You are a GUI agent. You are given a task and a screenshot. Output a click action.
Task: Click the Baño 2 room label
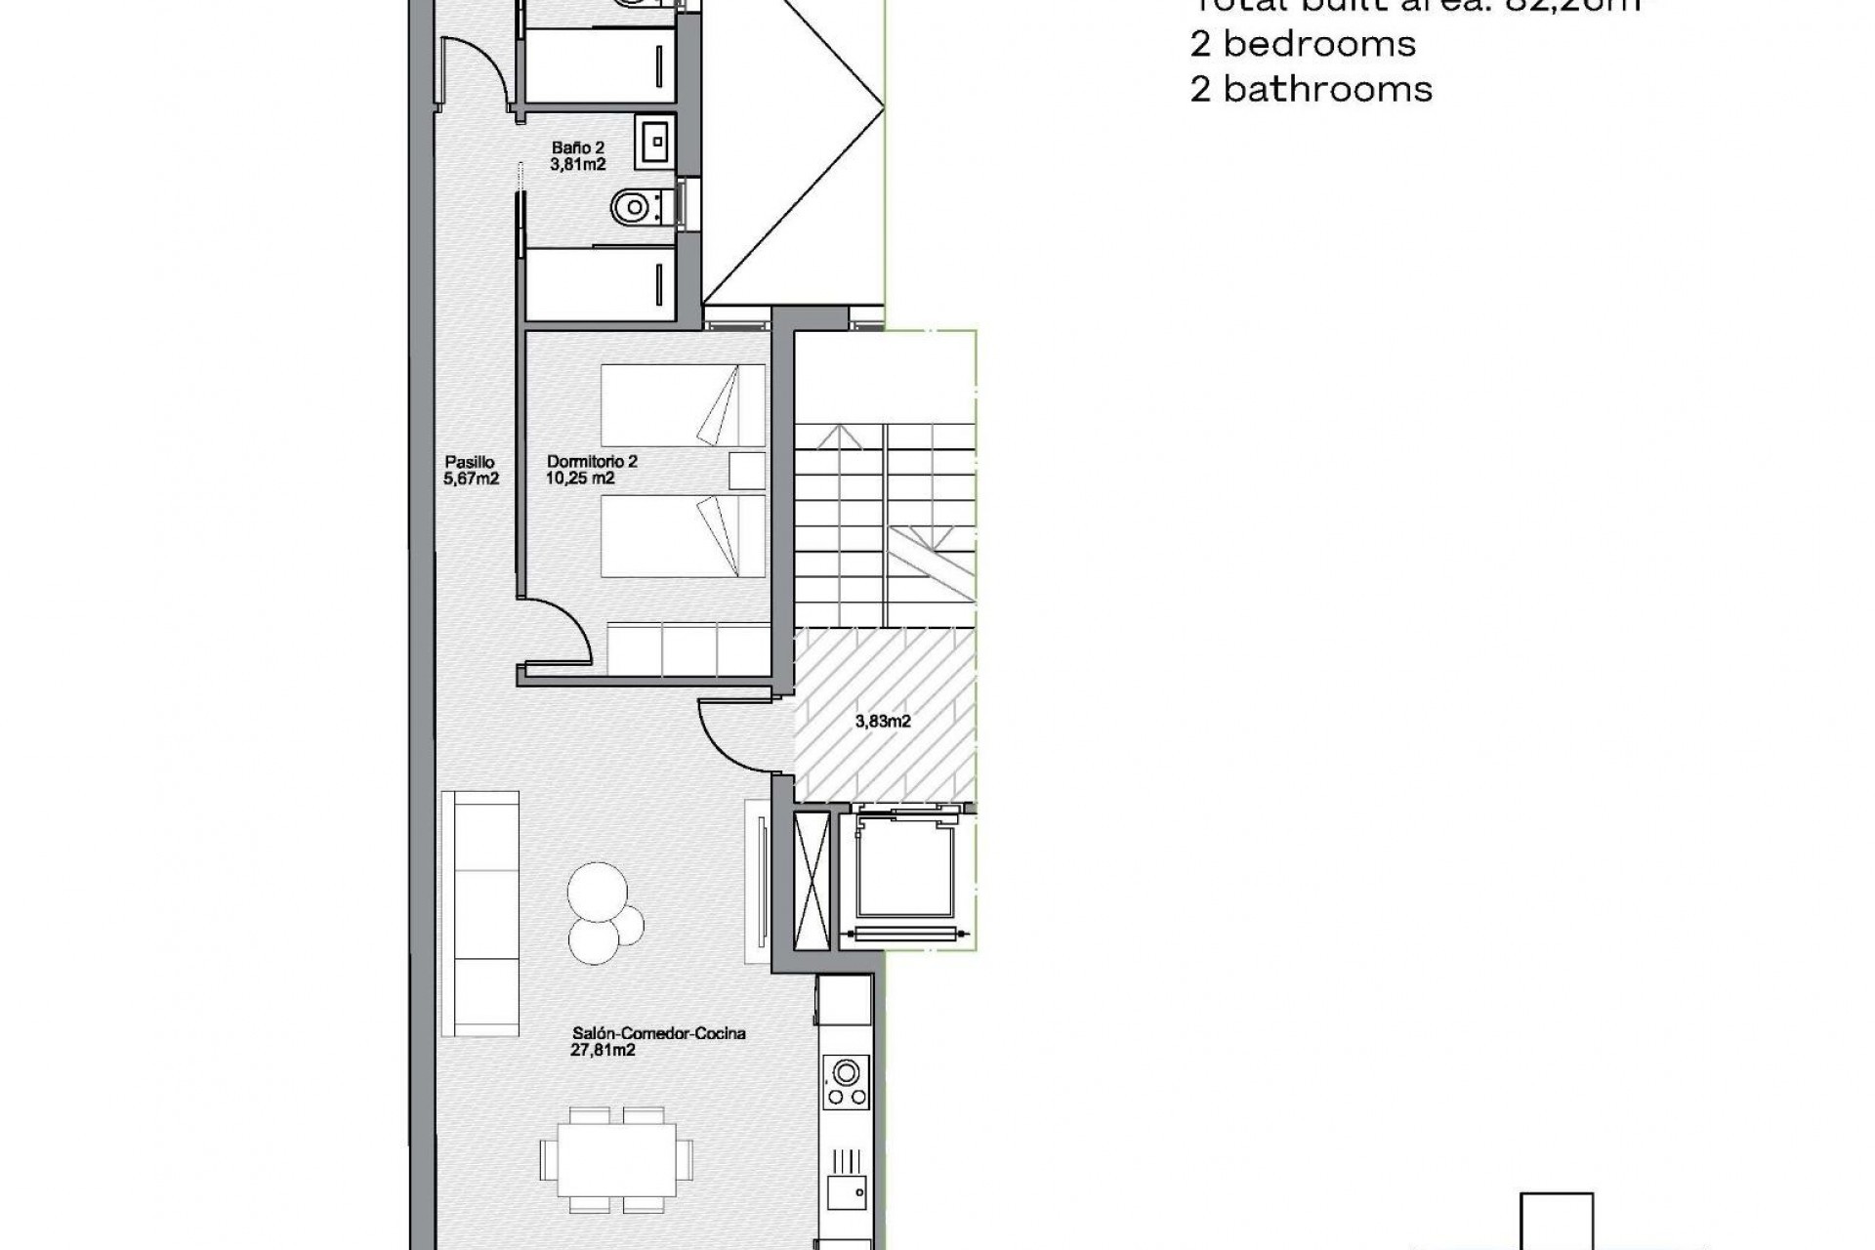pos(577,148)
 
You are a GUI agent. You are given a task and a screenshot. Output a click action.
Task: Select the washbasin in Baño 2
pos(654,142)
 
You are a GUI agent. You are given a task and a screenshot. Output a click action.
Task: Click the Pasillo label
pos(470,462)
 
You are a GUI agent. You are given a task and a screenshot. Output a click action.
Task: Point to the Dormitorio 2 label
pos(592,462)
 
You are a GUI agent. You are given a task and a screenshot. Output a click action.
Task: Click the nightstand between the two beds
pos(747,471)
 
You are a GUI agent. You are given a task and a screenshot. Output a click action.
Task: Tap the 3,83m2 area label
pos(883,722)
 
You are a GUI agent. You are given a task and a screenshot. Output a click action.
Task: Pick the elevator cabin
pos(903,869)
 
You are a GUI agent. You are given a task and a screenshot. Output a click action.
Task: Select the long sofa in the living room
pos(479,913)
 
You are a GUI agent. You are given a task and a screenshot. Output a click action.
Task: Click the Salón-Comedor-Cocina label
pos(658,1033)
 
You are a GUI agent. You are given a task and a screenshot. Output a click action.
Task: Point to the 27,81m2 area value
pos(603,1051)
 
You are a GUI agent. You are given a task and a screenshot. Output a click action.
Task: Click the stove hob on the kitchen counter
pos(846,1082)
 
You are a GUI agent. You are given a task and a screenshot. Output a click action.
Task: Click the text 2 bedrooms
pos(1303,44)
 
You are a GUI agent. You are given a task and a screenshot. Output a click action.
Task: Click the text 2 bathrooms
pos(1311,89)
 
